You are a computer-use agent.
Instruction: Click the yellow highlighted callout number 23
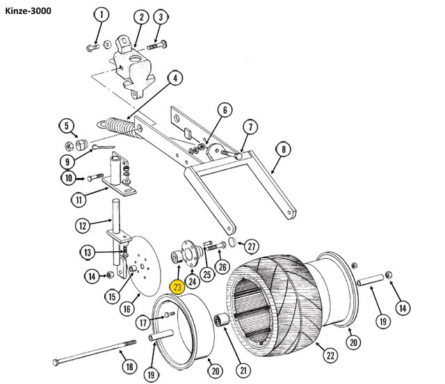click(177, 287)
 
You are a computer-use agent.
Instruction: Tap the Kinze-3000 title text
click(28, 11)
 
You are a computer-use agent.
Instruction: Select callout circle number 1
click(102, 15)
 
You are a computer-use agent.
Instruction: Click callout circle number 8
click(284, 150)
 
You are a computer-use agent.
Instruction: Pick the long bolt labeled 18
click(95, 351)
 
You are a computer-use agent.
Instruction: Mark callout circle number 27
click(252, 246)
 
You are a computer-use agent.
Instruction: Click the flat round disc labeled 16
click(146, 266)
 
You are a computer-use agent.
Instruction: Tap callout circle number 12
click(83, 226)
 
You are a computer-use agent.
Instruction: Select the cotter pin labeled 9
click(103, 147)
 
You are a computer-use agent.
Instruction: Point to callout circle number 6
click(225, 110)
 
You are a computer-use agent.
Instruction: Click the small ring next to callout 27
click(232, 241)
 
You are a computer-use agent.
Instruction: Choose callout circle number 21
click(243, 370)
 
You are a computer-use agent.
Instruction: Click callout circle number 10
click(68, 178)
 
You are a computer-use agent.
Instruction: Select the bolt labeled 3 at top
click(157, 45)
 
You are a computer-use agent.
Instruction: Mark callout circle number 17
click(143, 323)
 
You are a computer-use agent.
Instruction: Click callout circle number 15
click(112, 297)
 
